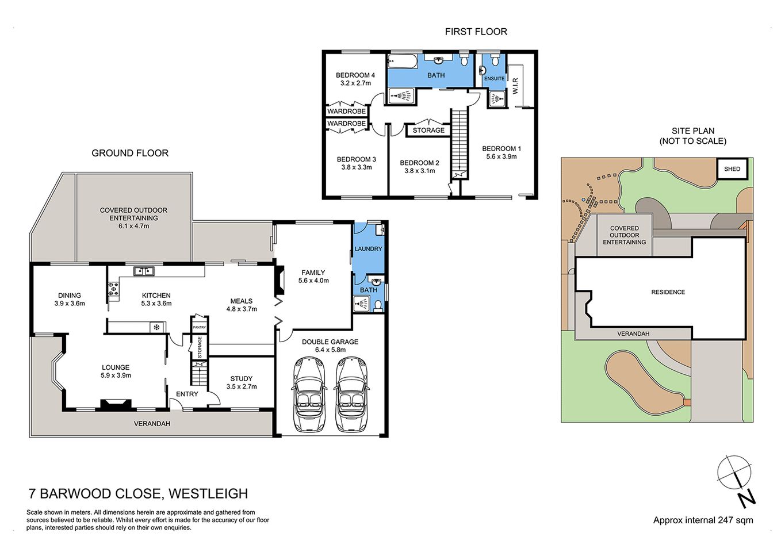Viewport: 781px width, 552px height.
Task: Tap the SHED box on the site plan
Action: [x=732, y=169]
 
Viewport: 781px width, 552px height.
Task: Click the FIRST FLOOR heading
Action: [x=476, y=32]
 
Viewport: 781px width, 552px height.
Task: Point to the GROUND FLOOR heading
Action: [x=130, y=153]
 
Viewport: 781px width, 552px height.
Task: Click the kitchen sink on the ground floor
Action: [x=141, y=271]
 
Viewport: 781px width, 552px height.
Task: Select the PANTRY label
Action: [x=199, y=327]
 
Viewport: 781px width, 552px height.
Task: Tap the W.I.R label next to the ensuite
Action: [x=515, y=86]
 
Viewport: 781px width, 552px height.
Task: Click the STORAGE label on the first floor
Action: [x=428, y=131]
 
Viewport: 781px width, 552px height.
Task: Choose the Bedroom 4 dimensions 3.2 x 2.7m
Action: [x=355, y=83]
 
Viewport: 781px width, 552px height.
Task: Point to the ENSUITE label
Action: [x=494, y=79]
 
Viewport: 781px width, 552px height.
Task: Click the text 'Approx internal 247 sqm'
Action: [x=703, y=520]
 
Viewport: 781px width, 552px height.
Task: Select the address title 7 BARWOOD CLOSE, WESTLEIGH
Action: [x=139, y=493]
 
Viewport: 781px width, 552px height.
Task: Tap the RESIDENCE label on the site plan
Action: [x=668, y=292]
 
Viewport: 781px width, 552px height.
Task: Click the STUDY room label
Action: [x=241, y=378]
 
